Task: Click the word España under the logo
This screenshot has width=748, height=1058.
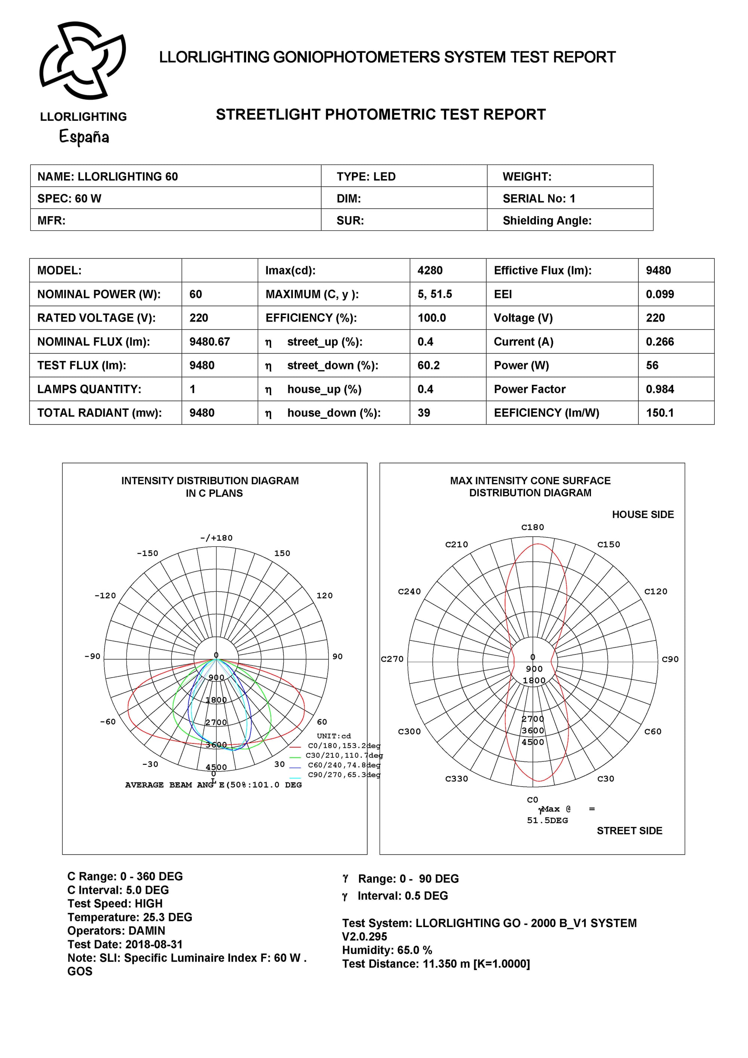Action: click(x=84, y=137)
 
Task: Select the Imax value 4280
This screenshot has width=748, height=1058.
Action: click(x=430, y=270)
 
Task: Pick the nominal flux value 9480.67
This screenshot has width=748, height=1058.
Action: click(x=209, y=342)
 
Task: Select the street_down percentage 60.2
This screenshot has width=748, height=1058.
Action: click(x=428, y=365)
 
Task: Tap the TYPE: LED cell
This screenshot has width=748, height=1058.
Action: click(x=366, y=177)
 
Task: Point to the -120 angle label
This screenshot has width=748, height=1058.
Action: click(x=105, y=595)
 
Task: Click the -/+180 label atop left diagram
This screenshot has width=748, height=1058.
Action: click(x=216, y=538)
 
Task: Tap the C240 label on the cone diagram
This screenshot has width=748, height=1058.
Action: click(x=409, y=591)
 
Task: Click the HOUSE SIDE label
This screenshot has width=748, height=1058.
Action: click(x=643, y=514)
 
